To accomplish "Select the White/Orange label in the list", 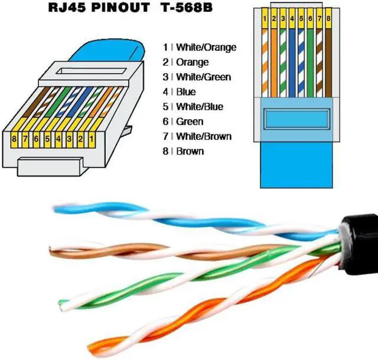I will click(x=206, y=47).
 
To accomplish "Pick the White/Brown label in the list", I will click(x=204, y=136).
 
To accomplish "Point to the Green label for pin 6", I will click(x=190, y=122).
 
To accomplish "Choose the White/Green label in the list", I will click(x=203, y=77).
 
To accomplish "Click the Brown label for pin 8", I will click(x=190, y=151).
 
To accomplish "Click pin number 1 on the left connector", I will click(x=92, y=138).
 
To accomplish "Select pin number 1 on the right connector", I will click(x=266, y=19).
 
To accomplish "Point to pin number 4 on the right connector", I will click(x=292, y=19).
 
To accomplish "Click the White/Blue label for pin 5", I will click(x=200, y=107).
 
